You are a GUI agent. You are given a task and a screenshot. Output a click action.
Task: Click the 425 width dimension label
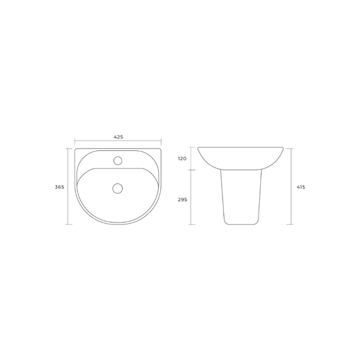coord(118,137)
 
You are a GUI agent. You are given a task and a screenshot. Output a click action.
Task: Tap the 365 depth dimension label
coord(59,187)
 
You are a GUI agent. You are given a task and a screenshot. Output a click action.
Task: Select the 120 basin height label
coord(182,158)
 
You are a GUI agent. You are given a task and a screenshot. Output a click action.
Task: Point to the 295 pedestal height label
coord(182,199)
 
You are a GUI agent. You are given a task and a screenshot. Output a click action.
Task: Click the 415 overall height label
coord(301,187)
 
